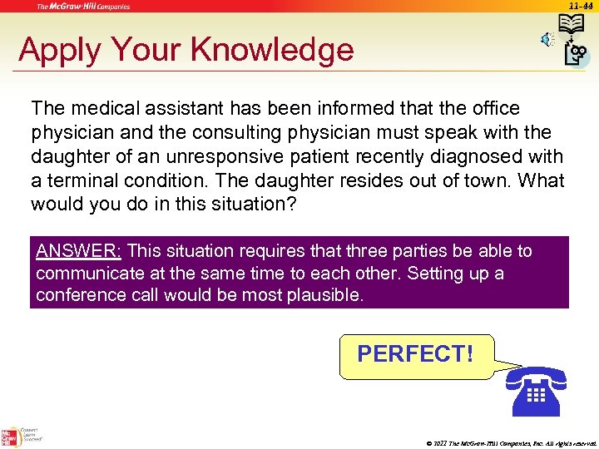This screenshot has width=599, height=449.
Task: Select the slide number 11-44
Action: click(x=581, y=6)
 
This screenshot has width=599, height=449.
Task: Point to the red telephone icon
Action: click(x=535, y=390)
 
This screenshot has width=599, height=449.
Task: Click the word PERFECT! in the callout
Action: click(x=415, y=354)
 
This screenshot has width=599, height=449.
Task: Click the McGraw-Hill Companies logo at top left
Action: click(x=82, y=7)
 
